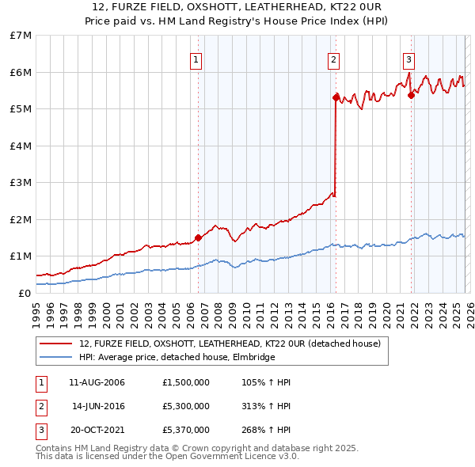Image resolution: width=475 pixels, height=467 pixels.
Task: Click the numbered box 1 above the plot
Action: pos(196,59)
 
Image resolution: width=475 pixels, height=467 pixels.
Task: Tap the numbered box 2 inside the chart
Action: pos(333,59)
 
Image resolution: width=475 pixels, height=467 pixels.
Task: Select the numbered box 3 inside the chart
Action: pos(408,59)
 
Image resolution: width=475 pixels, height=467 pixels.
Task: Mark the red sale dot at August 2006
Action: pos(198,237)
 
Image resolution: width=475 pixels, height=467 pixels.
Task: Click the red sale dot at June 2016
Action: pos(336,97)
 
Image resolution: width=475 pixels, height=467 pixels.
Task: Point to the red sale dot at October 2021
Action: pos(411,95)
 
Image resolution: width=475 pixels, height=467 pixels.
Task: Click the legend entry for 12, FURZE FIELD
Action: pos(230,344)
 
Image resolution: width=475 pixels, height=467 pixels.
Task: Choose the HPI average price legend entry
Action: pos(177,357)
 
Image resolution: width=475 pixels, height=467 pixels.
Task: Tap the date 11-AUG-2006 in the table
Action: pos(97,382)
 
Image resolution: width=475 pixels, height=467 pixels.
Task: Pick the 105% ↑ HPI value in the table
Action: pos(266,382)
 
